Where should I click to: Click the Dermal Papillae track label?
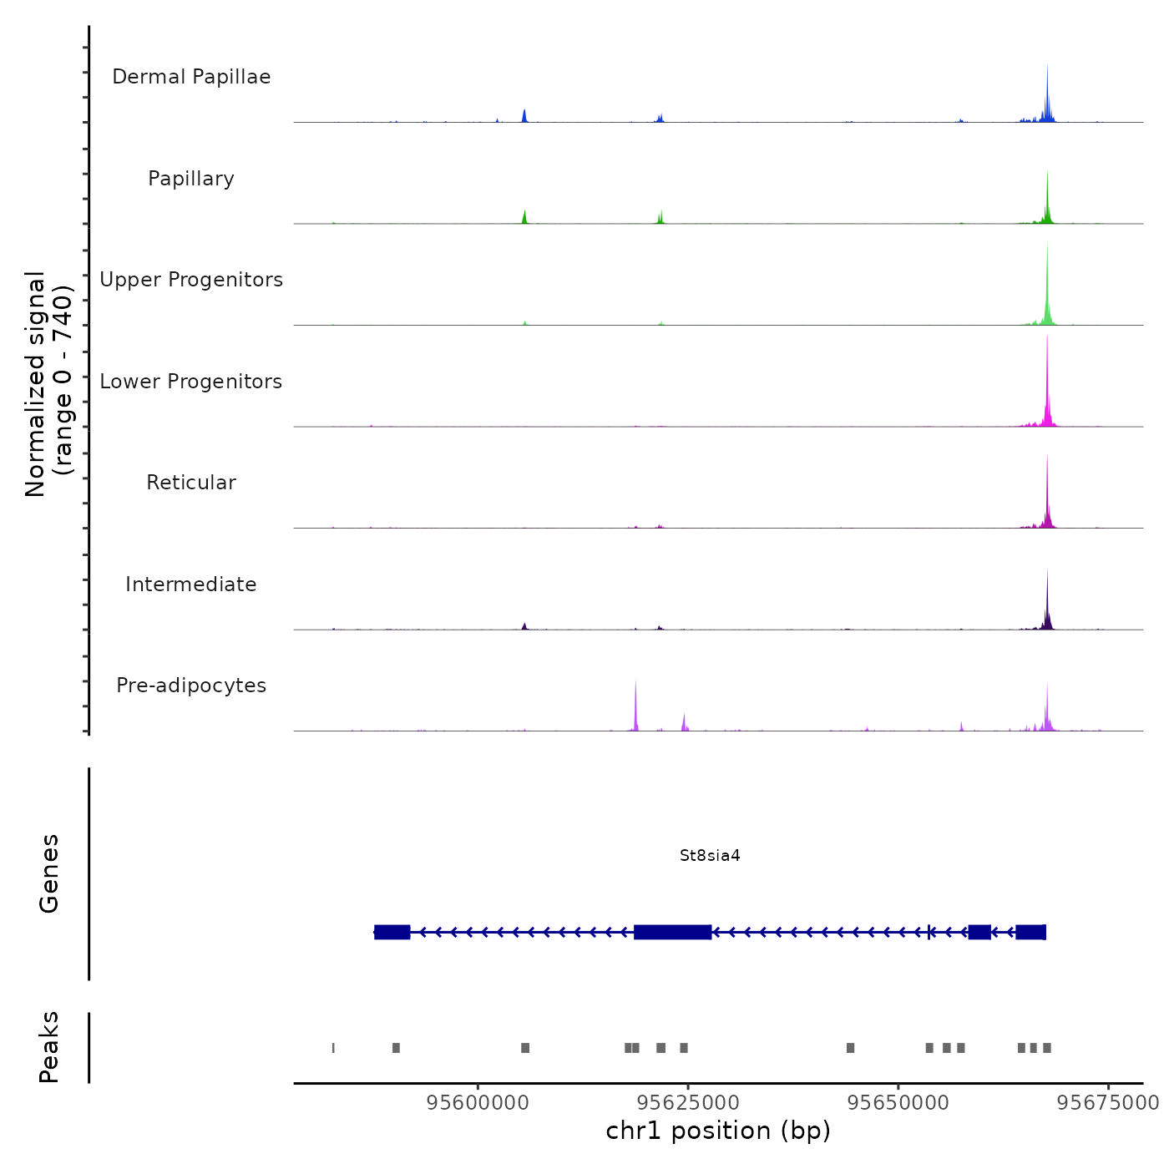click(191, 77)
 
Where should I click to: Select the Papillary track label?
click(191, 179)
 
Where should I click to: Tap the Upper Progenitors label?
click(191, 280)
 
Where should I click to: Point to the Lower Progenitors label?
click(191, 382)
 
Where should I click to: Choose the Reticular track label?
click(191, 483)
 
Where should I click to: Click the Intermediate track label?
click(191, 584)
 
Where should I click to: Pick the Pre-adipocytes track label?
click(191, 686)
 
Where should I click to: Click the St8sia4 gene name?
click(710, 856)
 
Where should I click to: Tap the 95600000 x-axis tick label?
click(478, 1102)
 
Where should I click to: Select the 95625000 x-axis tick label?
click(688, 1102)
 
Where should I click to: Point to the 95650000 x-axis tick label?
click(898, 1102)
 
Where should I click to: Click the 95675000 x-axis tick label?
click(1108, 1102)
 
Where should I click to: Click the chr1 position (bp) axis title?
click(718, 1131)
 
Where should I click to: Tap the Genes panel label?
click(49, 873)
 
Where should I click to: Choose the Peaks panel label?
click(49, 1047)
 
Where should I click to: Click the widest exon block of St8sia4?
click(672, 932)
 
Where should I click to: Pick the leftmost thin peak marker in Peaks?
click(333, 1048)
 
